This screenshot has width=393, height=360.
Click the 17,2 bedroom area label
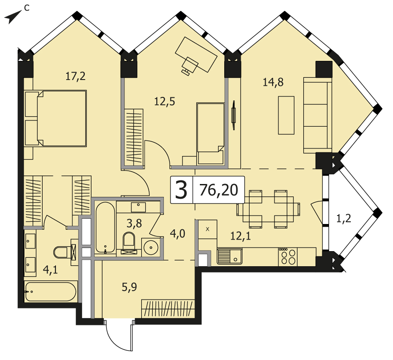pos(75,76)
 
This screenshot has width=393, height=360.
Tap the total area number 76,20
pos(218,190)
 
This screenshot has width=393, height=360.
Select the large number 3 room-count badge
pos(182,190)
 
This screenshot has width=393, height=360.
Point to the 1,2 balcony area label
pos(343,219)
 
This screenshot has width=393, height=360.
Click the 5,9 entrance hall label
pos(129,287)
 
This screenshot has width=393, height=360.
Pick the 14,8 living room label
pos(273,82)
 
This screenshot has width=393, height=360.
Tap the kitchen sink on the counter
pos(230,256)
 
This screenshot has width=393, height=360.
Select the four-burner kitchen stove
pos(287,257)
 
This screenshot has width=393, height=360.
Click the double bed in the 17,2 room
pos(56,118)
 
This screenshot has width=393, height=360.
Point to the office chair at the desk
pos(189,65)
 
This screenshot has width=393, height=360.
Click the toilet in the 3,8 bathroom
pos(129,243)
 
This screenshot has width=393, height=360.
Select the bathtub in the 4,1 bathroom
pos(50,292)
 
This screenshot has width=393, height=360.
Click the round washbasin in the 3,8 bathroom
pos(151,247)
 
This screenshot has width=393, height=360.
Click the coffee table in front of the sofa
pos(286,115)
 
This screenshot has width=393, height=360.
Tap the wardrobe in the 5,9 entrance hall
pos(168,308)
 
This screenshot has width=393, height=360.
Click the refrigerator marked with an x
pos(207,229)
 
